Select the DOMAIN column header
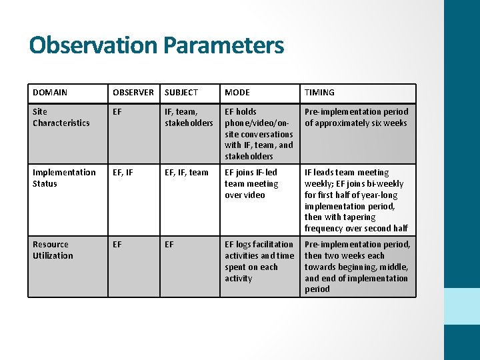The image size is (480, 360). click(x=50, y=93)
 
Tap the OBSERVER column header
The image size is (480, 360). click(x=133, y=93)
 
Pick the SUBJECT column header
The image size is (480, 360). click(x=181, y=93)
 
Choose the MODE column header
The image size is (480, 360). click(x=237, y=93)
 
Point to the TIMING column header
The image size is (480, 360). click(x=320, y=93)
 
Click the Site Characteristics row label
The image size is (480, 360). click(x=61, y=117)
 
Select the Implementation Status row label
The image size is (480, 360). click(x=64, y=178)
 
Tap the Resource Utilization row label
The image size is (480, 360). click(x=53, y=250)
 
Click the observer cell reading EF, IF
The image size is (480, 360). click(x=123, y=173)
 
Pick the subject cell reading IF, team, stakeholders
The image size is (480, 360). click(x=189, y=117)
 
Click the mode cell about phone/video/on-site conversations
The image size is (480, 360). click(x=259, y=134)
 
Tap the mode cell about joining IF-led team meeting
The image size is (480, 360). click(x=252, y=184)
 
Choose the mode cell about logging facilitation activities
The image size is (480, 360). click(x=259, y=261)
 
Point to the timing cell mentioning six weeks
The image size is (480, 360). click(x=357, y=117)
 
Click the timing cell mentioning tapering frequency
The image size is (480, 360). click(x=357, y=201)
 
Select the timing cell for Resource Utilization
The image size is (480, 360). click(x=357, y=267)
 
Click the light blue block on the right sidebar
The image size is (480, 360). click(x=462, y=306)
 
